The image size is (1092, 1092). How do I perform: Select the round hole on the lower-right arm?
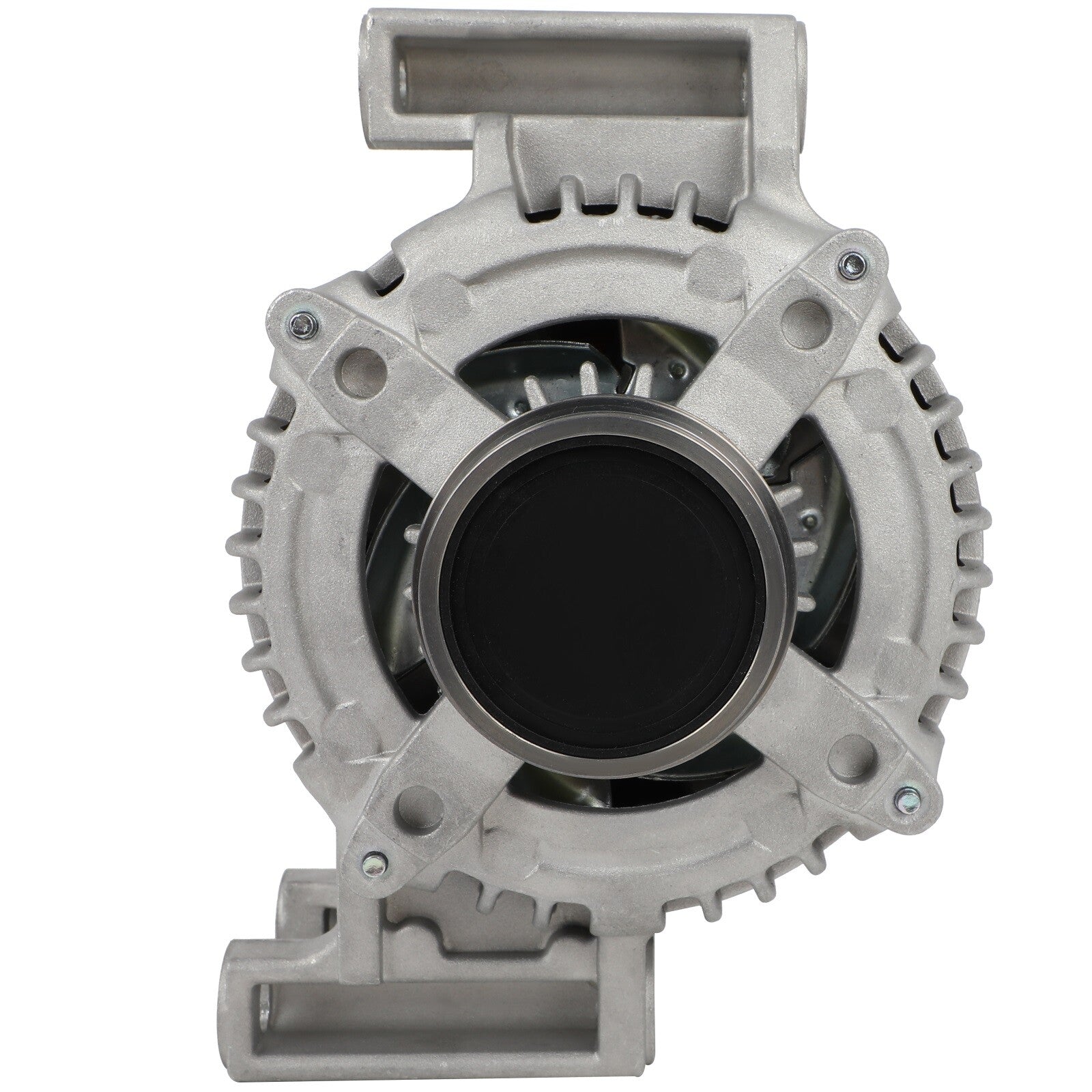pyautogui.click(x=850, y=753)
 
